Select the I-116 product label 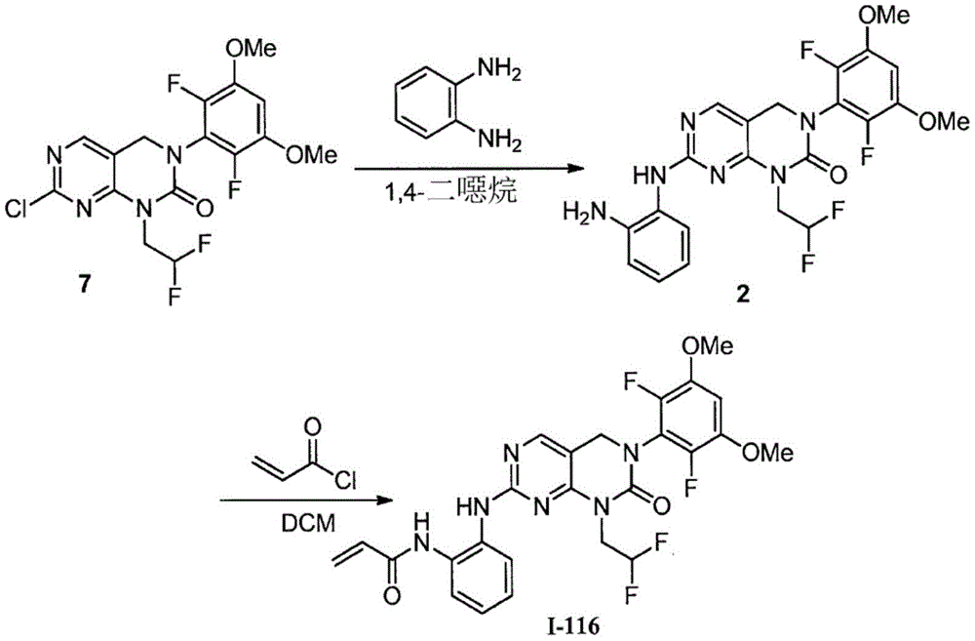click(x=573, y=626)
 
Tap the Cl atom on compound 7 click(x=19, y=212)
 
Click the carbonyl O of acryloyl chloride click(x=313, y=427)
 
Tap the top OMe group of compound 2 click(x=885, y=15)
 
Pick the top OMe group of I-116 click(x=708, y=344)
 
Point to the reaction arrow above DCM click(x=308, y=501)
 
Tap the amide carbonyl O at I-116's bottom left click(x=392, y=594)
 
